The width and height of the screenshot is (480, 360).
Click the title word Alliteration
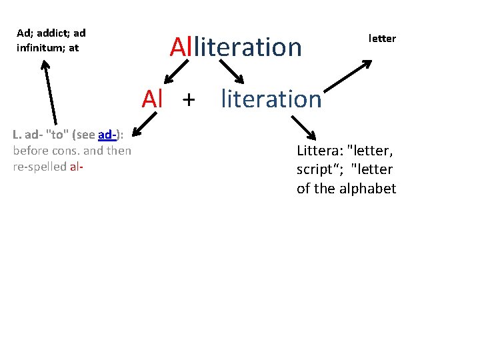pos(235,47)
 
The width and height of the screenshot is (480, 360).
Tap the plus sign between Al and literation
pos(189,99)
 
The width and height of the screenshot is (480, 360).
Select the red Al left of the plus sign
pos(153,99)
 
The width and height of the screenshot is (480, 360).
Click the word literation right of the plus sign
pos(271,99)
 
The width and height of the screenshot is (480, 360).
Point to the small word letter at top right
pos(382,39)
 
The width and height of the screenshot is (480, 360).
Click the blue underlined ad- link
pos(107,135)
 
